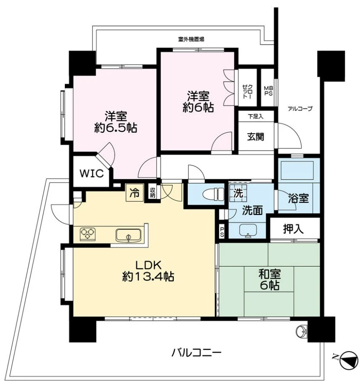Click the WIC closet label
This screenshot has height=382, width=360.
coord(92,173)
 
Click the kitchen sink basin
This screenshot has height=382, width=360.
coord(128,235)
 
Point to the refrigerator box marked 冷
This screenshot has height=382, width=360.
coord(134,193)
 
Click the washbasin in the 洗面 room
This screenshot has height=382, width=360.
coord(248,230)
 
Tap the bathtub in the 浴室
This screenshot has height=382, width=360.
coord(297,170)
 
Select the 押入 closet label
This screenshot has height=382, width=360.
coord(293,229)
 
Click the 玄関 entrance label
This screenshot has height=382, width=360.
coord(255,137)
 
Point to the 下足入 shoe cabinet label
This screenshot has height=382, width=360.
coord(255,116)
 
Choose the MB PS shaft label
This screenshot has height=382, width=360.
coord(268,91)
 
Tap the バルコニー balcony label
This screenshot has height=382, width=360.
coord(197,353)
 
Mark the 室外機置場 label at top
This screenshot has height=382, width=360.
coord(191,39)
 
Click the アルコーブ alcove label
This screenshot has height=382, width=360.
coord(299,109)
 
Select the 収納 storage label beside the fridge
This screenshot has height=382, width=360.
coord(153,193)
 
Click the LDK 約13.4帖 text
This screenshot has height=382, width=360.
coord(148,270)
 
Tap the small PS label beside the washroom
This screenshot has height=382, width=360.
coord(222,231)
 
